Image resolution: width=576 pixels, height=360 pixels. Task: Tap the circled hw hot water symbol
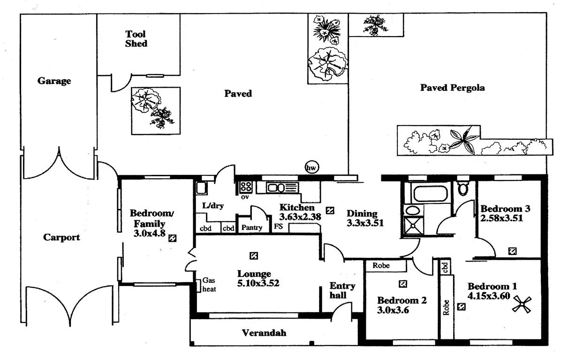[x=311, y=167]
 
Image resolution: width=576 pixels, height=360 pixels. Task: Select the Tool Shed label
[x=136, y=39]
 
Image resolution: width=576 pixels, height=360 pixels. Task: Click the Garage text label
[x=54, y=81]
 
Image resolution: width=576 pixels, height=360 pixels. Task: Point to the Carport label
[x=61, y=237]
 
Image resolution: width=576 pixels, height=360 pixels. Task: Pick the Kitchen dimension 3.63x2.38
[x=300, y=217]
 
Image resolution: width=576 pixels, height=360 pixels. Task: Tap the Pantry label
[x=252, y=228]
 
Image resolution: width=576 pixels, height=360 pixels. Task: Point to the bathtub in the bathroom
[x=430, y=192]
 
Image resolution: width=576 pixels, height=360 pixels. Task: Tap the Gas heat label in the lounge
[x=209, y=285]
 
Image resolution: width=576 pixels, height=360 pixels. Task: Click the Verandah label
[x=264, y=333]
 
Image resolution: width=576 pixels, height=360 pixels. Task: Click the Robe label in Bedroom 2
[x=382, y=265]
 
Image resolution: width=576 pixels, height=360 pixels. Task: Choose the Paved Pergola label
[x=452, y=88]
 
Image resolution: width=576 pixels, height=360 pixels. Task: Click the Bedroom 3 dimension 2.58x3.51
[x=501, y=217]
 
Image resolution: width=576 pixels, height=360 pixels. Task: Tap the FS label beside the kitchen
[x=279, y=228]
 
